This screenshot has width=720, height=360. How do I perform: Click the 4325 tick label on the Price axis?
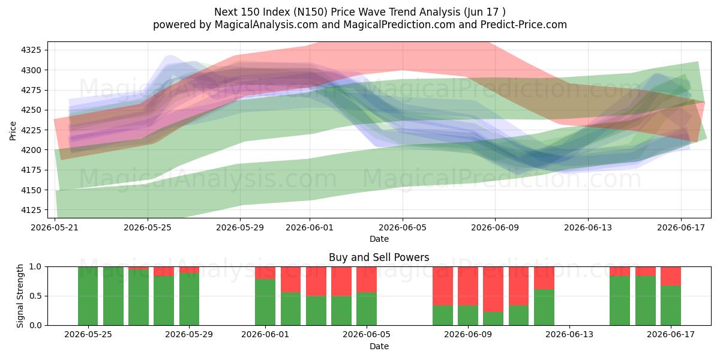(31, 50)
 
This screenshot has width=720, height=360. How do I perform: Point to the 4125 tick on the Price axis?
(31, 210)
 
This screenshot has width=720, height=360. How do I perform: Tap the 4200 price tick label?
(31, 150)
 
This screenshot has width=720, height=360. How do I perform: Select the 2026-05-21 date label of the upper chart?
(55, 228)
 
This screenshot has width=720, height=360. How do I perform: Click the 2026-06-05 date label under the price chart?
(403, 228)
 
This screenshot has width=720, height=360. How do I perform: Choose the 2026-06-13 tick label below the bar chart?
(569, 335)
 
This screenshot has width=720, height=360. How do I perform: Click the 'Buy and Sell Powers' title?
(379, 257)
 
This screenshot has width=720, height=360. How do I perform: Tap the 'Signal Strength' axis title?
(20, 296)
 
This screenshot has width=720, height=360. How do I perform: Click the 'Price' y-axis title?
(13, 131)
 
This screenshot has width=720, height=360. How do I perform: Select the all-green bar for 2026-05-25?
(88, 296)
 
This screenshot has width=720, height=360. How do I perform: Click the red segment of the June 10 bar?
(493, 289)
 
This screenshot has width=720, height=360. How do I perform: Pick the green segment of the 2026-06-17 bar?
(671, 305)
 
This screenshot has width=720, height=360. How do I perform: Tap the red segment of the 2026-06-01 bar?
(265, 273)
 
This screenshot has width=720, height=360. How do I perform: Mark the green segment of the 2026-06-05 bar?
(367, 309)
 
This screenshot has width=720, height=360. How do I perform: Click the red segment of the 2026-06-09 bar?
(468, 286)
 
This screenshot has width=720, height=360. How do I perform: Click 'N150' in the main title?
(311, 12)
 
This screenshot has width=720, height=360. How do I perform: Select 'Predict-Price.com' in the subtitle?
(524, 25)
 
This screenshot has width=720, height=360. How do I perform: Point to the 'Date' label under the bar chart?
(379, 346)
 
